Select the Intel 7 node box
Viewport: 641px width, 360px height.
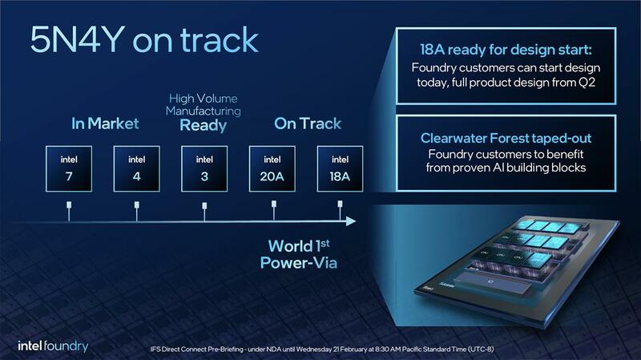[69, 169]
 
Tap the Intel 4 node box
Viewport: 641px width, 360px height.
[136, 169]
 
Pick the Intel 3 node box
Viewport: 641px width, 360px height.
[204, 169]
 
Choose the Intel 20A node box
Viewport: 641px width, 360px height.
[272, 169]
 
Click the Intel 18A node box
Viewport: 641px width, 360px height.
[340, 169]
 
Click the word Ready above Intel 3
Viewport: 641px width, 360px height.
[204, 126]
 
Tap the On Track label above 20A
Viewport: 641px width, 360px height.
[308, 123]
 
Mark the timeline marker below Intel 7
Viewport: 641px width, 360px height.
[69, 210]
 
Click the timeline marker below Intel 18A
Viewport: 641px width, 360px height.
[340, 210]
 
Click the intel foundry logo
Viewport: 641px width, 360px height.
[53, 346]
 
